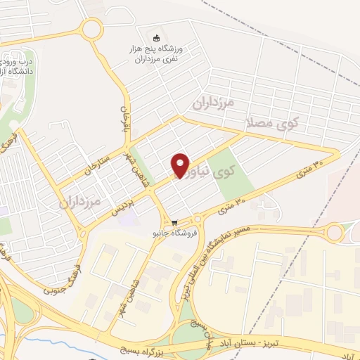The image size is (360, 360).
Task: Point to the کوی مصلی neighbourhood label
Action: (x=274, y=123)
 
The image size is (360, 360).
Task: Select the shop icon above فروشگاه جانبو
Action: (x=174, y=221)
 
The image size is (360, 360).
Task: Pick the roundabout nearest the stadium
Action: (x=90, y=30)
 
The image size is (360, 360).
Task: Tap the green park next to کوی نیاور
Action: (x=232, y=173)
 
